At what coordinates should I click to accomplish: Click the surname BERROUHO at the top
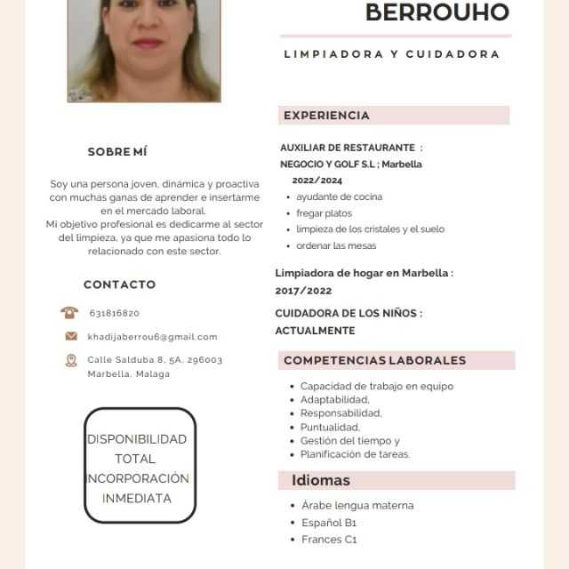(437, 12)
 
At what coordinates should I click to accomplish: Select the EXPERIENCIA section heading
(326, 116)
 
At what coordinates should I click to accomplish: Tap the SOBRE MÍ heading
(117, 152)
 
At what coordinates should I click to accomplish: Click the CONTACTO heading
(119, 284)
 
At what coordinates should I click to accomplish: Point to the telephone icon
(69, 313)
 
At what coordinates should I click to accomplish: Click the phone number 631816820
(115, 313)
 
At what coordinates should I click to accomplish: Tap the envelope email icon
(71, 336)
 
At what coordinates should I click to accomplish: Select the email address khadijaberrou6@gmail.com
(152, 337)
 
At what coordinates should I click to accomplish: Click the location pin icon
(71, 360)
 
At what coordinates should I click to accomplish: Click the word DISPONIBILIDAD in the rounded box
(137, 439)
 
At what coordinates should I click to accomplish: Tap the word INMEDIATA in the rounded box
(137, 499)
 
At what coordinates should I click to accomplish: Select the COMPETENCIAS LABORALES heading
(374, 360)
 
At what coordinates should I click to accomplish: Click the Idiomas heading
(321, 480)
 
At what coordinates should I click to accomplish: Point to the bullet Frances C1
(329, 540)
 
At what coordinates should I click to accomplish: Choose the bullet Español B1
(329, 523)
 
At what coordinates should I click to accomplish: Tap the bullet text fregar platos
(324, 213)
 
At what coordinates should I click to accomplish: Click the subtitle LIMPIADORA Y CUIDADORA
(392, 54)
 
